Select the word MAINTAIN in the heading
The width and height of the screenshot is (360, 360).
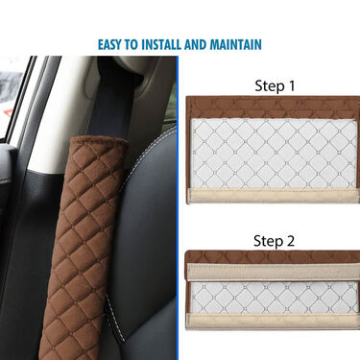click(x=235, y=44)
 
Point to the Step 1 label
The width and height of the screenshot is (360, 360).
click(x=275, y=86)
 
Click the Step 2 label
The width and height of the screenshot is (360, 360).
click(x=274, y=241)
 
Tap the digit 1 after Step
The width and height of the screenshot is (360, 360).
click(x=291, y=85)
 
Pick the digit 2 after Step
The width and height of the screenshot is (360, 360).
click(x=290, y=240)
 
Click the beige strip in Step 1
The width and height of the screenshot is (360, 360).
click(x=273, y=195)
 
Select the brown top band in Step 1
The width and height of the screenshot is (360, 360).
click(x=273, y=108)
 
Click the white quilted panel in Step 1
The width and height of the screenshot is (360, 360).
click(x=274, y=154)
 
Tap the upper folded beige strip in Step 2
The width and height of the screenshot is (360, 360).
click(x=274, y=272)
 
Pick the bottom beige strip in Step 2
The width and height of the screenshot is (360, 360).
click(x=273, y=322)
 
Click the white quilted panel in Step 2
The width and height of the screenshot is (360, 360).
click(x=274, y=298)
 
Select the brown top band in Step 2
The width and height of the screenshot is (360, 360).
click(x=273, y=257)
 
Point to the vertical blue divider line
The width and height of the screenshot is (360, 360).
click(x=178, y=208)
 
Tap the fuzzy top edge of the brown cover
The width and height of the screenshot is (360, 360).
click(x=101, y=140)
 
